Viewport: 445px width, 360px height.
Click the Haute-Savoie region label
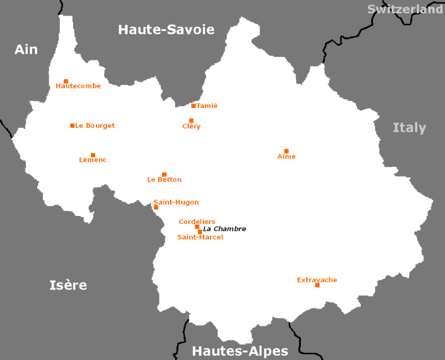coord(166,30)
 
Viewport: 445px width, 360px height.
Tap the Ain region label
coord(26,50)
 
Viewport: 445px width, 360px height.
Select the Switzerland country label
coord(405,9)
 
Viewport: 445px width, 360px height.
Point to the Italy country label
coord(409,128)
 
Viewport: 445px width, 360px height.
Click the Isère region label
coord(68,285)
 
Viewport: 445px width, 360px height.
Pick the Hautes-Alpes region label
coord(240,351)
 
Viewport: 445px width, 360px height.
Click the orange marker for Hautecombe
coord(66,81)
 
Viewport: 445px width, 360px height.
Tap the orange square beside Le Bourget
coord(73,126)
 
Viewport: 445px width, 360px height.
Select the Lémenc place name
coord(93,160)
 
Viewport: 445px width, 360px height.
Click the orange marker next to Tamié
coord(193,106)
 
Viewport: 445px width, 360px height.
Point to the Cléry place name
coord(191,126)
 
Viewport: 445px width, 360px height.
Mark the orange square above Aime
coord(287,151)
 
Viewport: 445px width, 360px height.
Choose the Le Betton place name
coord(164,179)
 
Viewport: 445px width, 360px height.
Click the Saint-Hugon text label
coord(176,202)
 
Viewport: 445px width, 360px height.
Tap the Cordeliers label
coord(197,222)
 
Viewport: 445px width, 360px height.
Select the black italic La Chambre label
coord(224,229)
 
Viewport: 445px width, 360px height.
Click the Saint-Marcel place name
coord(200,237)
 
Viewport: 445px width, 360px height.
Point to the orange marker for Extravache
coord(318,285)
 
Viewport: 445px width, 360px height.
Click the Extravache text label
coord(317,280)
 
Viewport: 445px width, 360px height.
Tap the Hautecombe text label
coord(78,86)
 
